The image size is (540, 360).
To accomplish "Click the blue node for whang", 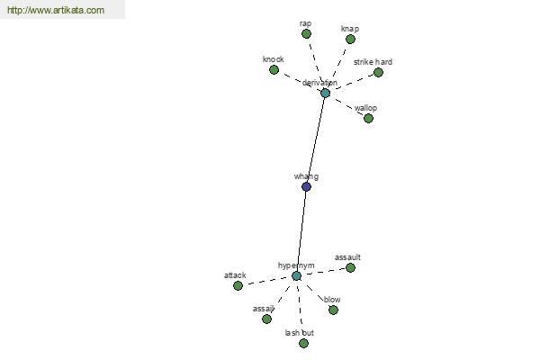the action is (306, 186).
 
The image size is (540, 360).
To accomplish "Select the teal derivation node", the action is (325, 93).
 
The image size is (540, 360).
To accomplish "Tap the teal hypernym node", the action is (296, 276).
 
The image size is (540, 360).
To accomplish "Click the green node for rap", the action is (306, 34).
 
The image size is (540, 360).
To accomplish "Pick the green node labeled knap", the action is (350, 40).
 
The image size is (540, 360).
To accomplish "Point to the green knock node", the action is (274, 70).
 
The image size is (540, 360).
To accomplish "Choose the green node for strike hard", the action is (378, 72).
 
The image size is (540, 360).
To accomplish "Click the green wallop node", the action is (368, 118).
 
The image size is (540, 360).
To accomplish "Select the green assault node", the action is (350, 267).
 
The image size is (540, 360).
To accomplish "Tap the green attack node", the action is (238, 285).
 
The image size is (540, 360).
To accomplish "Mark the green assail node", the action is (266, 319).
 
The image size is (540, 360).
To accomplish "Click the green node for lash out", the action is (303, 343).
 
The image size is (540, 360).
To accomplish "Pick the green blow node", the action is (333, 310).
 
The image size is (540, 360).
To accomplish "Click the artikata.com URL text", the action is (56, 10).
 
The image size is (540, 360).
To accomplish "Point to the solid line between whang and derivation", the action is (316, 139).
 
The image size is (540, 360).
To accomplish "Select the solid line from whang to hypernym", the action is (301, 231).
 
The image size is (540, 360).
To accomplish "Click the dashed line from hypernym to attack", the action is (267, 281).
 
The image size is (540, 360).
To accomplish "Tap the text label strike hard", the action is (373, 62).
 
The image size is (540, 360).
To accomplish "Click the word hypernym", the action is (296, 265).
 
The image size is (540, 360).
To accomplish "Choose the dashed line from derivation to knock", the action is (300, 81).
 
